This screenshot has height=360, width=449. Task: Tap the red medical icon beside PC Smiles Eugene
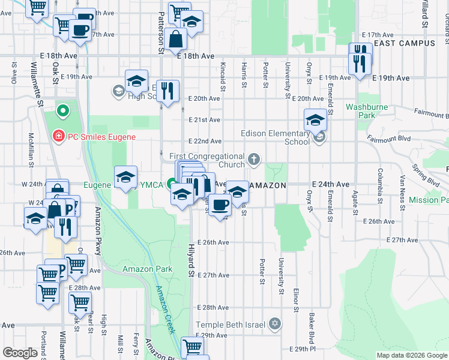pyautogui.click(x=58, y=136)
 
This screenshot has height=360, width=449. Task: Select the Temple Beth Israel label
pyautogui.click(x=231, y=325)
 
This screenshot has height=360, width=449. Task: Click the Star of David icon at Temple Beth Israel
pyautogui.click(x=275, y=325)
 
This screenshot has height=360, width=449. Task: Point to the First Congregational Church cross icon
pyautogui.click(x=255, y=159)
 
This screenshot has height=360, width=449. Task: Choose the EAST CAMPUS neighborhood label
pyautogui.click(x=404, y=43)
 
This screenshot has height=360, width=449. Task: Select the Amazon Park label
pyautogui.click(x=148, y=269)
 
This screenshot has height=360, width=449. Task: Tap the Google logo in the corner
pyautogui.click(x=20, y=352)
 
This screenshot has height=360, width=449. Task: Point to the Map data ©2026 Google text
pyautogui.click(x=411, y=355)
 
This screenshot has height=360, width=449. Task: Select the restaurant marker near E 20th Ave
pyautogui.click(x=168, y=91)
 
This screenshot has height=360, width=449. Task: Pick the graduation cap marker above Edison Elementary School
pyautogui.click(x=315, y=119)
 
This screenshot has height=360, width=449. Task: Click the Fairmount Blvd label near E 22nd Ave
pyautogui.click(x=390, y=139)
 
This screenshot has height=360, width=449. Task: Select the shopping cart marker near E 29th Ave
pyautogui.click(x=193, y=347)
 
